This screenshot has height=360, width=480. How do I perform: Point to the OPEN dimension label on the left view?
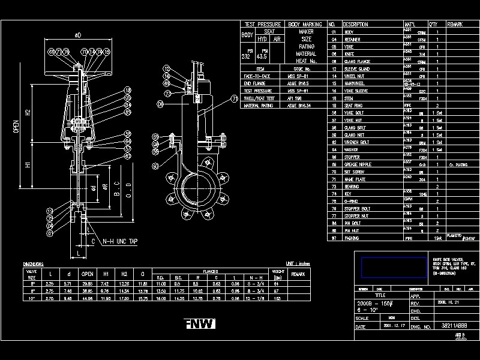pyautogui.click(x=16, y=127)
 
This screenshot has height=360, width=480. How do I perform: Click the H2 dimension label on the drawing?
pyautogui.click(x=28, y=112)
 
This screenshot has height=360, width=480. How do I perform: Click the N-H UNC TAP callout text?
pyautogui.click(x=120, y=241)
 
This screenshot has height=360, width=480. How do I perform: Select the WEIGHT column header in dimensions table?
pyautogui.click(x=278, y=271)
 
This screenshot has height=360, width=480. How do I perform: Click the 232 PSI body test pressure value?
pyautogui.click(x=245, y=57)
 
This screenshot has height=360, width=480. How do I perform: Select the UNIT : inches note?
pyautogui.click(x=299, y=263)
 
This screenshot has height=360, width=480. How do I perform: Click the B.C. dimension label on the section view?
pyautogui.click(x=118, y=194)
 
